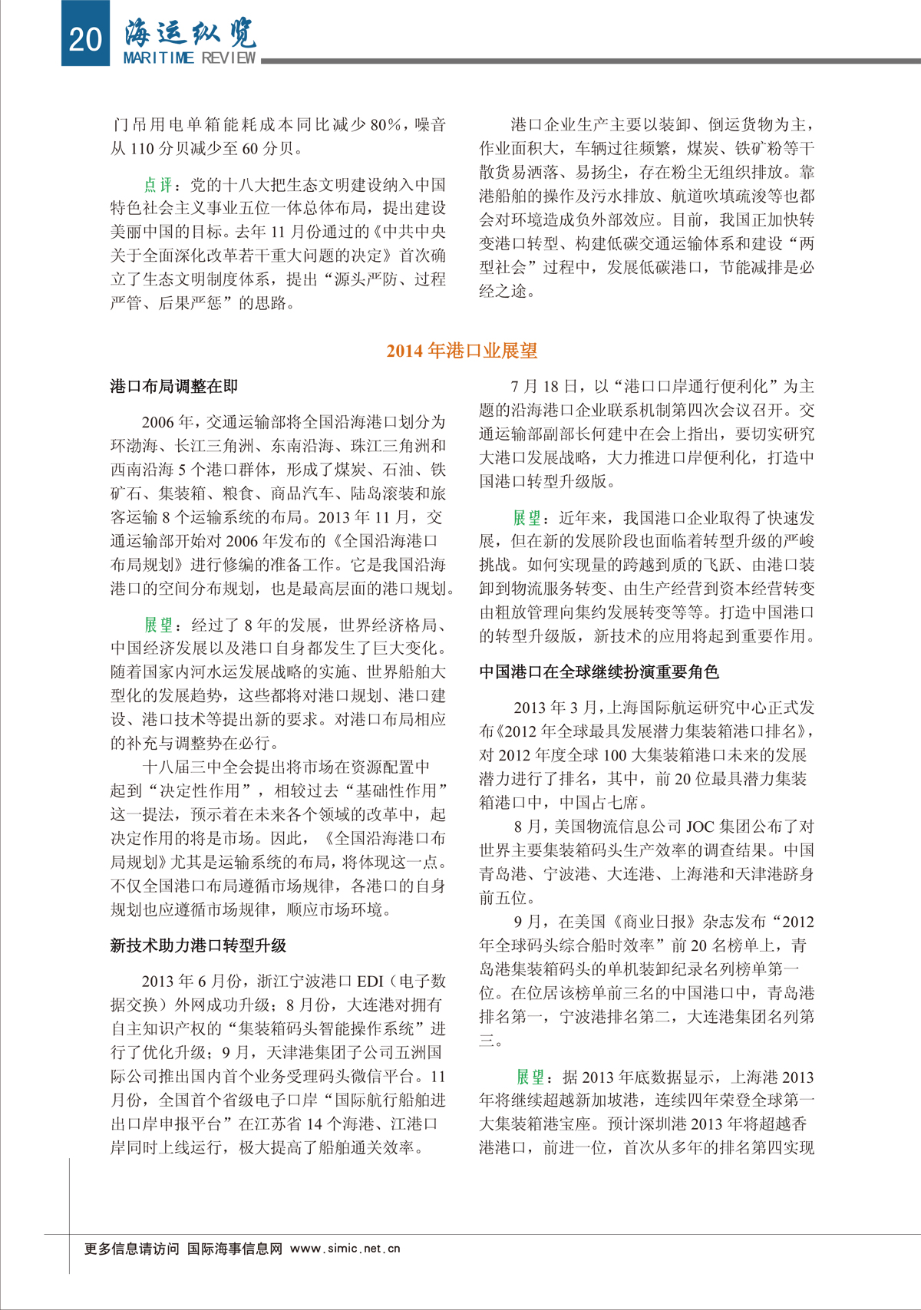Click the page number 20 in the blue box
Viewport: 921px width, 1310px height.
click(x=84, y=38)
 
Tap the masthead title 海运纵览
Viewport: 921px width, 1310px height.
click(x=190, y=32)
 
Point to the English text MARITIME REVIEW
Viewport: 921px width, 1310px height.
click(x=190, y=58)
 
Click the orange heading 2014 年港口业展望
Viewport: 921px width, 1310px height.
click(x=461, y=351)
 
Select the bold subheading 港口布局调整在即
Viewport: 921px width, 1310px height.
click(x=174, y=386)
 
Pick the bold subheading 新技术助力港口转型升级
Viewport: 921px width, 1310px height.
click(x=198, y=945)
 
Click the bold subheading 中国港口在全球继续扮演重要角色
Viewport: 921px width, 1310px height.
click(x=599, y=672)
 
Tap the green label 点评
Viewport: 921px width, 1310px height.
click(x=158, y=184)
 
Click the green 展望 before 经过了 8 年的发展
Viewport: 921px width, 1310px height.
click(x=158, y=625)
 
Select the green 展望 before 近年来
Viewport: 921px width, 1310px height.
click(x=527, y=518)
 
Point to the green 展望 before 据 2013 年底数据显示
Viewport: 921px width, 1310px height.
click(x=530, y=1077)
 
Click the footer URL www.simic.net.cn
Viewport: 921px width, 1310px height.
click(x=345, y=1249)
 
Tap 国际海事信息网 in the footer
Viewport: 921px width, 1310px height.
click(x=235, y=1249)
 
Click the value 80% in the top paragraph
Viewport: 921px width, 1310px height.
click(x=386, y=125)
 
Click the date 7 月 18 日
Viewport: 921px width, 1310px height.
click(x=546, y=386)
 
